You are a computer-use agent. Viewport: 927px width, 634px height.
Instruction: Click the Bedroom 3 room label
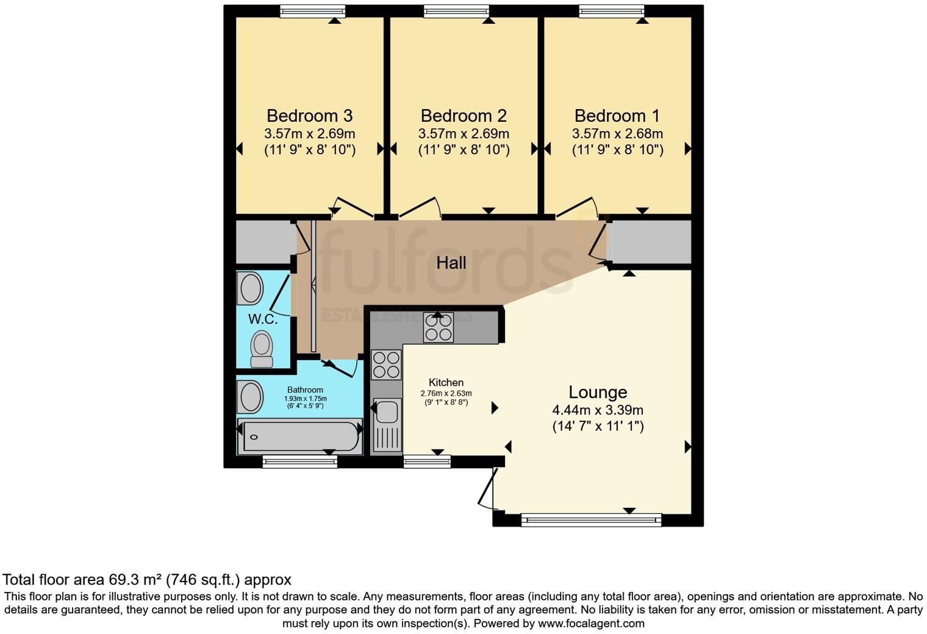(309, 116)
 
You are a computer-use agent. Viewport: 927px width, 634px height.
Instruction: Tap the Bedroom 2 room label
(463, 116)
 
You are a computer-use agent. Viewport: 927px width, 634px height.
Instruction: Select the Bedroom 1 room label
(617, 116)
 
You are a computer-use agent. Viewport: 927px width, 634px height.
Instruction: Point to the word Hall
(451, 263)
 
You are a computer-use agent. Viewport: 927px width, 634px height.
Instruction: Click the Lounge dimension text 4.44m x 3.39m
(598, 410)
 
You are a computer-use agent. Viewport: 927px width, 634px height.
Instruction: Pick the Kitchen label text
(446, 382)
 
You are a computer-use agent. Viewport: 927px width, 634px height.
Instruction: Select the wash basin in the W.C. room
(251, 288)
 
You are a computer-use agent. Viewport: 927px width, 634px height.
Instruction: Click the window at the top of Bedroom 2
(456, 11)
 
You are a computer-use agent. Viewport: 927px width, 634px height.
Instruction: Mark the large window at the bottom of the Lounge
(591, 520)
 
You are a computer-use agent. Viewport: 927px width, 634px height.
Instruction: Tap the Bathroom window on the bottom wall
(299, 462)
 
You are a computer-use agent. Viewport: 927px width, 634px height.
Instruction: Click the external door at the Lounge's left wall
(487, 488)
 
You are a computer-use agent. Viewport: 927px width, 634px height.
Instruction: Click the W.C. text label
(263, 319)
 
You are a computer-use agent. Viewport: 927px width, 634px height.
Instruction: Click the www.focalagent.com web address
(591, 623)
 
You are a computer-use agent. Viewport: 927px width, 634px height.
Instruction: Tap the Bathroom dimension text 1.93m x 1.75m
(305, 399)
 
